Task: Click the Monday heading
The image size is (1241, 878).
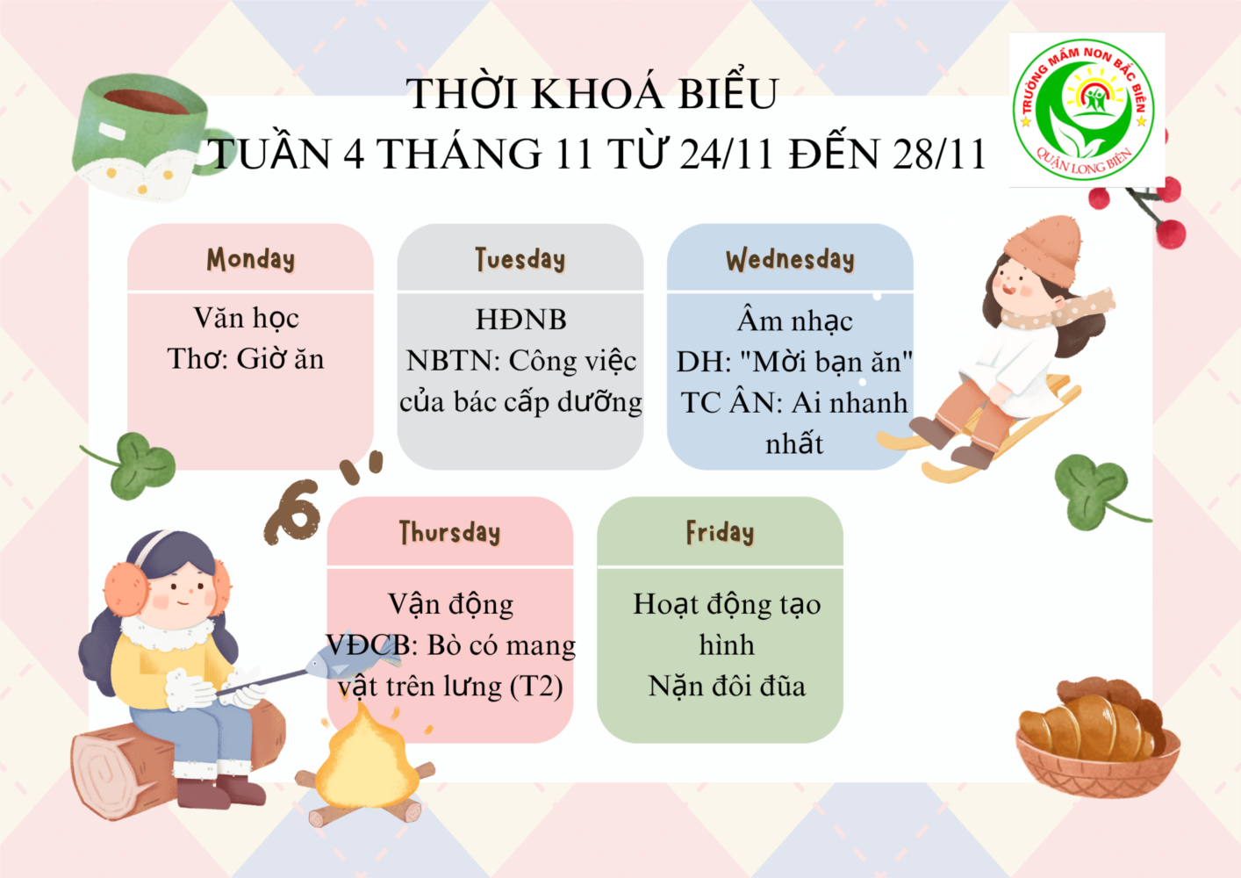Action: (x=250, y=259)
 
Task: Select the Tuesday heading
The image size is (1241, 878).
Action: (x=520, y=259)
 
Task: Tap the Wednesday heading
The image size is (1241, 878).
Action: (x=790, y=259)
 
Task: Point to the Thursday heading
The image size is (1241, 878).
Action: (x=449, y=533)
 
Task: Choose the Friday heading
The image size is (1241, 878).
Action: (x=720, y=533)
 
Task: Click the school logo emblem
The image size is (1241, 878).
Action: (x=1086, y=110)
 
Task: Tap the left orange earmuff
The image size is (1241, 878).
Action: (x=126, y=589)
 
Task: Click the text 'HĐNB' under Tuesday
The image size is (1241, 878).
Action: (x=520, y=320)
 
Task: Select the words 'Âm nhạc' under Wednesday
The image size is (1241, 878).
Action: (x=794, y=320)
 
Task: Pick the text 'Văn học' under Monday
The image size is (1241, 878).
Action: (x=246, y=318)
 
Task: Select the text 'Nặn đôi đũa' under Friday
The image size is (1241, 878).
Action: (x=727, y=687)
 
